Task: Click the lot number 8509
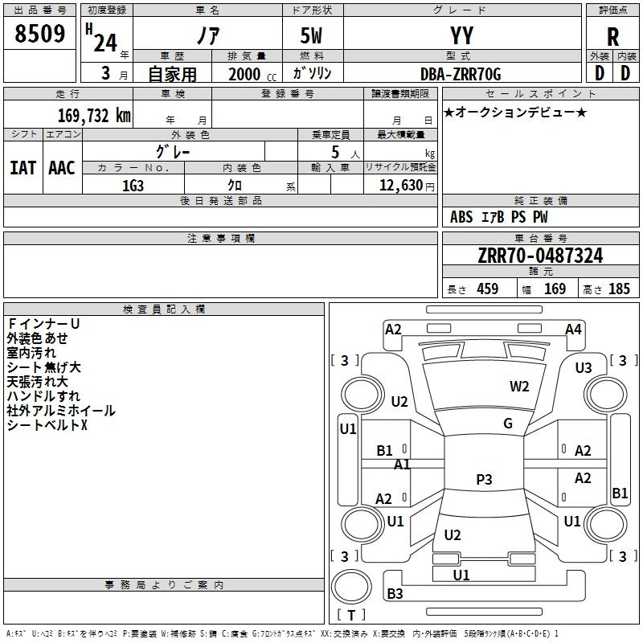(39, 34)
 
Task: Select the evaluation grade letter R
(612, 38)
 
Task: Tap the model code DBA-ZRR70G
(461, 74)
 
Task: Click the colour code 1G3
(133, 186)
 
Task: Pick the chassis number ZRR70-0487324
(539, 256)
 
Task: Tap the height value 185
(619, 289)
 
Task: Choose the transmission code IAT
(23, 168)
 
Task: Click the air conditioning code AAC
(62, 168)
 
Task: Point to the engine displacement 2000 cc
(245, 74)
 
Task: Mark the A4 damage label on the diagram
(573, 329)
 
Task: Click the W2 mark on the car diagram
(519, 386)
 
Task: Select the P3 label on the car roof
(484, 480)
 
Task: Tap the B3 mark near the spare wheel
(395, 594)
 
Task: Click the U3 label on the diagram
(584, 367)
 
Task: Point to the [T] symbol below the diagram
(351, 616)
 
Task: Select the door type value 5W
(313, 36)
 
